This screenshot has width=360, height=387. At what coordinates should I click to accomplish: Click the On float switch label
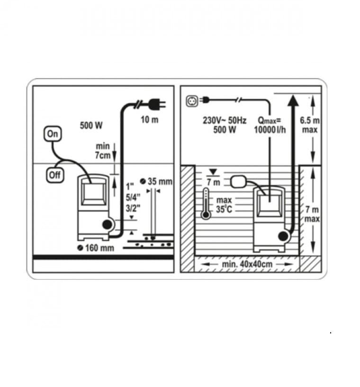point(53,134)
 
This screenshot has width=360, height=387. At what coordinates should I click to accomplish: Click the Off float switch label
point(55,175)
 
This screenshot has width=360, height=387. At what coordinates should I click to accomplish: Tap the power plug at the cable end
point(157,104)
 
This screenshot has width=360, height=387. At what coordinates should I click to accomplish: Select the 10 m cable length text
point(150,120)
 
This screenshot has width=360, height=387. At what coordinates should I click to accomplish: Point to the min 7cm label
point(103,151)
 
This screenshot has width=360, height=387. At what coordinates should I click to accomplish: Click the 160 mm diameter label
point(96,248)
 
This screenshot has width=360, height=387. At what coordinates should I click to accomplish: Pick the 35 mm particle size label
point(156,181)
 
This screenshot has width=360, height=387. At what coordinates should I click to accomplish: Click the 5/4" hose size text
point(133,197)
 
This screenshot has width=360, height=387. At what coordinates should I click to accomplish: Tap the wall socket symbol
point(192,101)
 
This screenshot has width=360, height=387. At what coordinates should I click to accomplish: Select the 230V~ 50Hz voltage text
point(225,120)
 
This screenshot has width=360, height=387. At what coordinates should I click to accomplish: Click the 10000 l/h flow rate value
point(270,130)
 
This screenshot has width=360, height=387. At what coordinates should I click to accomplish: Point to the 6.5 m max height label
point(310,125)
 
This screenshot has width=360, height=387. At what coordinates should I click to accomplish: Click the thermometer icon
point(206,203)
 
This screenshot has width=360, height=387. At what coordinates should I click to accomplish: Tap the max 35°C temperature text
point(224,204)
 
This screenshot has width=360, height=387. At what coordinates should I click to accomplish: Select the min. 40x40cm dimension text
point(247,264)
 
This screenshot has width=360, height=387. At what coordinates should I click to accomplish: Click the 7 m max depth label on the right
point(312,214)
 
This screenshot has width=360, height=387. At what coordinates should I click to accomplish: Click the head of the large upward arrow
point(293,101)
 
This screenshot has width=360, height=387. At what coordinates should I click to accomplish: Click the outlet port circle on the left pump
point(107,225)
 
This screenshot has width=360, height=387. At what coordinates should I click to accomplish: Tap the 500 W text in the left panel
point(91,125)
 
